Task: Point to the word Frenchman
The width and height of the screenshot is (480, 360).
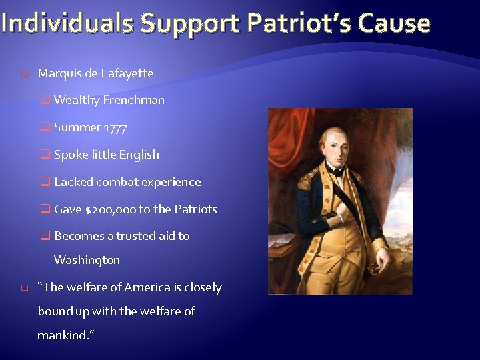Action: tap(133, 100)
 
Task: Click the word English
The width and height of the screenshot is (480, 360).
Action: tap(139, 155)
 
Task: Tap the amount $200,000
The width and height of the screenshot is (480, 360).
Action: tap(111, 209)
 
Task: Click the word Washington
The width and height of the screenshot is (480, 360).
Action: tap(87, 260)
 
